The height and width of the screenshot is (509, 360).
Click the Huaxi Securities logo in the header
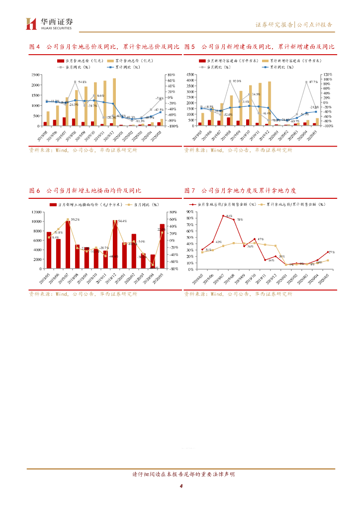[x=49, y=23]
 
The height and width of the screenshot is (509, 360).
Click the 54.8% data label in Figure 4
[x=83, y=82]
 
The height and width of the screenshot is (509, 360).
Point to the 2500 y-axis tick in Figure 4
[x=35, y=75]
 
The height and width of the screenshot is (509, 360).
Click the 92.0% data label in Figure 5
[x=236, y=81]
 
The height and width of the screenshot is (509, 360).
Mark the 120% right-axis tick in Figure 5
[x=327, y=75]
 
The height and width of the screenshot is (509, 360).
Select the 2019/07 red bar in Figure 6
[x=68, y=245]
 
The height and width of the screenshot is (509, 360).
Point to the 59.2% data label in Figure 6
[x=75, y=219]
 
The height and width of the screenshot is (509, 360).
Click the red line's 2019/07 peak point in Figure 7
[x=224, y=216]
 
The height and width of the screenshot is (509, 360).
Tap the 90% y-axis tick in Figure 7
[x=190, y=212]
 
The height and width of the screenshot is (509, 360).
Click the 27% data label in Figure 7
[x=332, y=253]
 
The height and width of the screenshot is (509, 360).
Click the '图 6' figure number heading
[x=34, y=190]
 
